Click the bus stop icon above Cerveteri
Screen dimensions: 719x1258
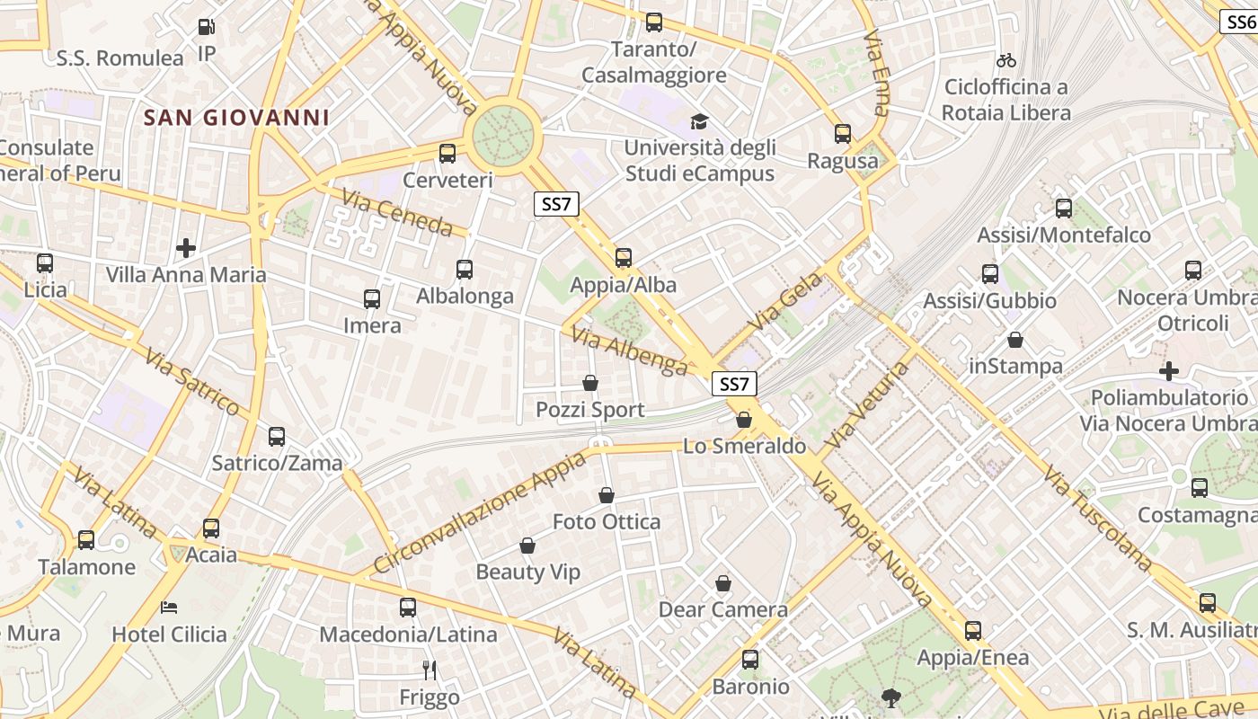[x=447, y=153]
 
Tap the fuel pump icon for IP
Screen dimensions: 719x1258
[x=207, y=27]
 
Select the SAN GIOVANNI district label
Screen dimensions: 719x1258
[x=236, y=118]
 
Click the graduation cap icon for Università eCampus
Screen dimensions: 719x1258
[x=698, y=121]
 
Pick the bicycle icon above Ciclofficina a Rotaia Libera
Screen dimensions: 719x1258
[x=1006, y=60]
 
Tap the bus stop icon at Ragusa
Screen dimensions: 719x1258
[x=843, y=134]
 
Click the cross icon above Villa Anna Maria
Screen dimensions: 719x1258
[x=186, y=247]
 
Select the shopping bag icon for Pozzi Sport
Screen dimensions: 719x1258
[x=590, y=383]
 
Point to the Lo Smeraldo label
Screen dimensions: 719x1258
[x=744, y=446]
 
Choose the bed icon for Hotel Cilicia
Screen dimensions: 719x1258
[x=169, y=608]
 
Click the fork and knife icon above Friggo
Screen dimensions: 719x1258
[x=430, y=670]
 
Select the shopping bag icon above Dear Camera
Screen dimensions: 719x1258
[x=723, y=583]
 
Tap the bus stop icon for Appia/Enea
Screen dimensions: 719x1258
[x=973, y=630]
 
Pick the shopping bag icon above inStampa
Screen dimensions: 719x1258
[x=1015, y=340]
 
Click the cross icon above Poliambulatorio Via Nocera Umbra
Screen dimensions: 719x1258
[x=1169, y=370]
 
